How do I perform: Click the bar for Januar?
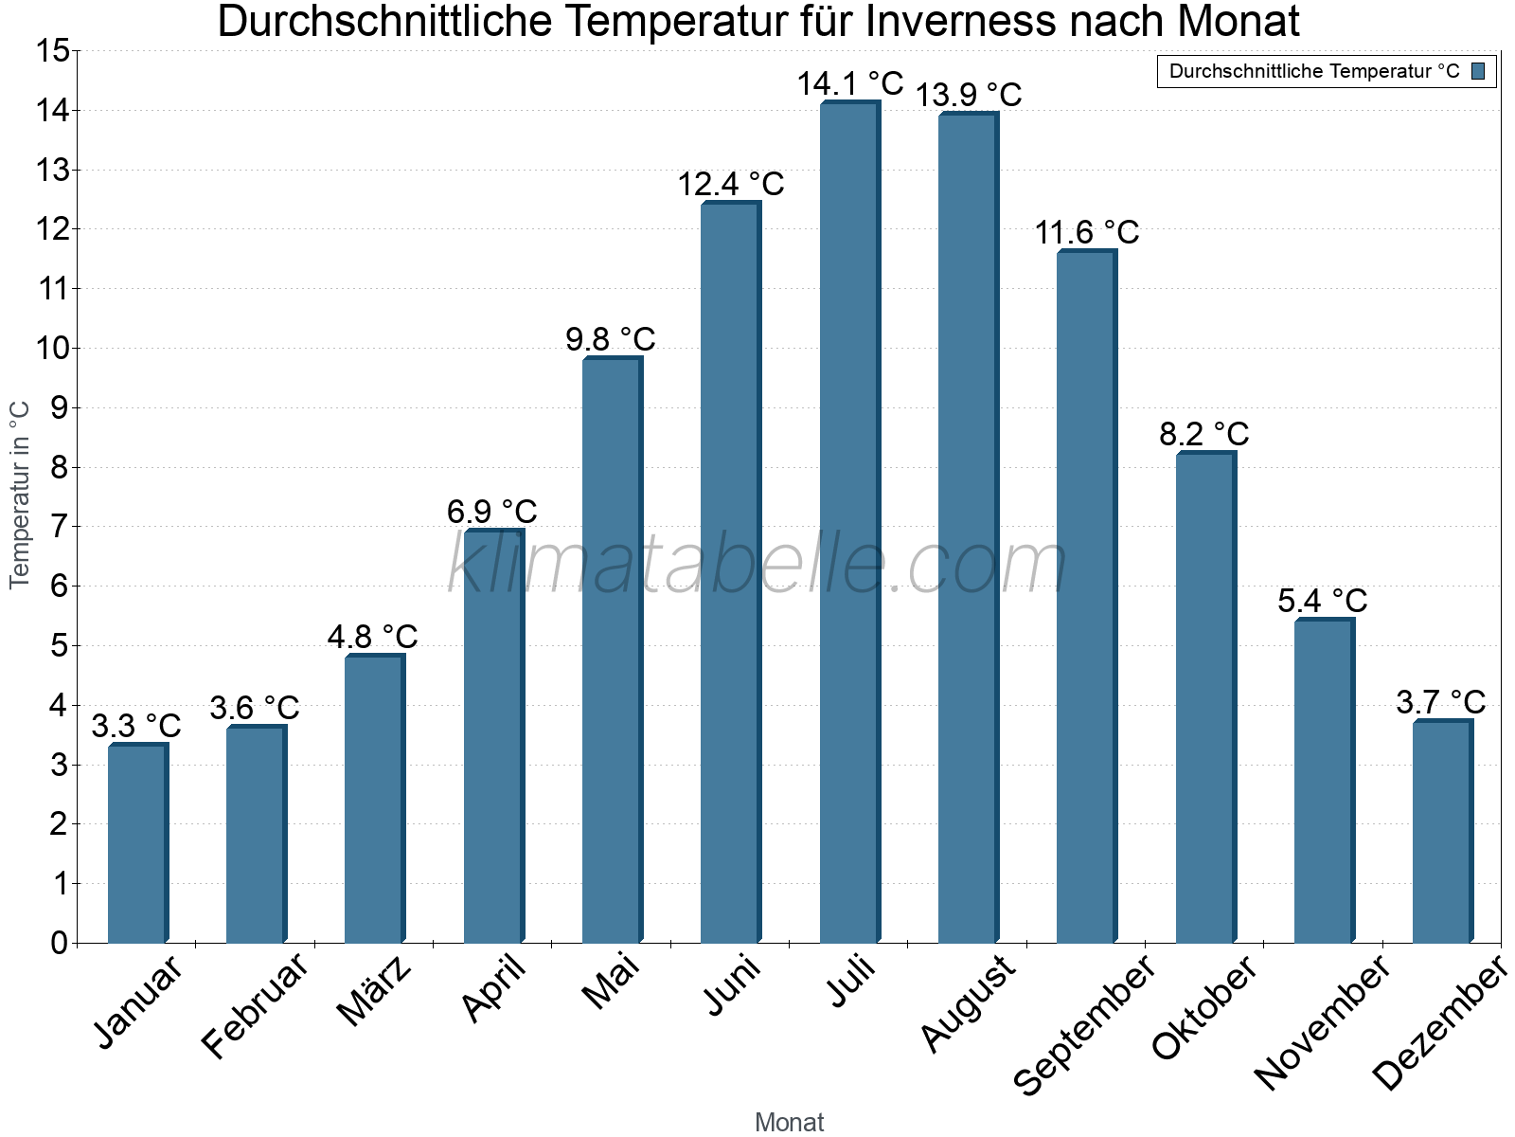tap(137, 843)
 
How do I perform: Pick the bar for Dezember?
tap(1442, 831)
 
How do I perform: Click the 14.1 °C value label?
tap(849, 83)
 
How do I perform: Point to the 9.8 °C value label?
tap(611, 338)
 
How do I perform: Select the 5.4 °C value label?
tap(1323, 601)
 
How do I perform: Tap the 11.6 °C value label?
tap(1086, 232)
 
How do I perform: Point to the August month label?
tap(969, 1003)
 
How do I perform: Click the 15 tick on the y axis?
tap(53, 51)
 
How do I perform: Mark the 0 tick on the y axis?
tap(59, 943)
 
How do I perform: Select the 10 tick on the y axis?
tap(53, 349)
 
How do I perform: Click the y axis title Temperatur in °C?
tap(20, 495)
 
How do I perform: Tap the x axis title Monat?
tap(789, 1122)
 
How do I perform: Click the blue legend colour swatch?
tap(1478, 71)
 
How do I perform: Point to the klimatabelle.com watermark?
tap(757, 564)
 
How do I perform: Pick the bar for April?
tap(493, 736)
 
